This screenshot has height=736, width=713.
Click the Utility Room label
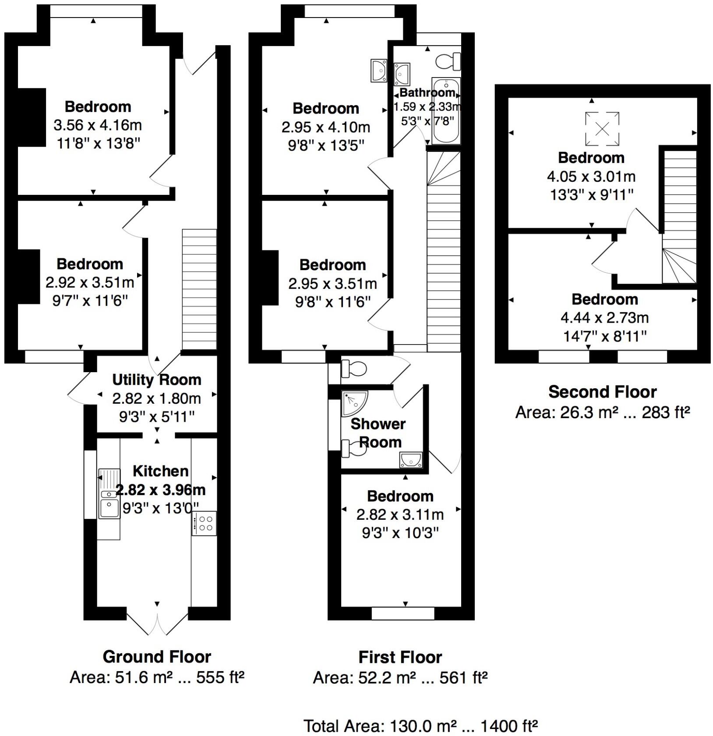(156, 380)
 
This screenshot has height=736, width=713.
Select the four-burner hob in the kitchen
(204, 523)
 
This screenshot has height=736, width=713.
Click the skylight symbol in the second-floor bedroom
(602, 129)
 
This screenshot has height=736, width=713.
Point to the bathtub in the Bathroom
(446, 111)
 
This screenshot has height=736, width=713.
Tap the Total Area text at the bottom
(420, 726)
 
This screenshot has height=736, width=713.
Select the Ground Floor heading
(156, 657)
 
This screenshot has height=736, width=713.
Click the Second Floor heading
(602, 392)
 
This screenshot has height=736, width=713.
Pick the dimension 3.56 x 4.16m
(98, 125)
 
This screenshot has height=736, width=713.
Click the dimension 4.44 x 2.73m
(604, 317)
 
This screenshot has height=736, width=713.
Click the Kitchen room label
(160, 471)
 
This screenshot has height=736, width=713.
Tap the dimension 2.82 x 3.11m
(400, 514)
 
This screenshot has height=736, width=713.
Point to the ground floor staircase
(199, 289)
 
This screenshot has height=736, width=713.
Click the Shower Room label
(378, 433)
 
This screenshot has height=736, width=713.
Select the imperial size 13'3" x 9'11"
(592, 194)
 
